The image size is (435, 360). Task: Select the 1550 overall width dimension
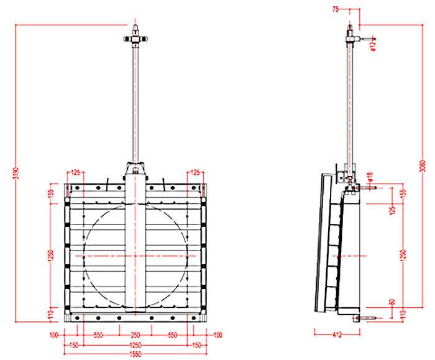[x=135, y=353]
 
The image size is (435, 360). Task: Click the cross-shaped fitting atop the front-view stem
[x=135, y=39]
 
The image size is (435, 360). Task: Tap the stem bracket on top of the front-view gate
[x=135, y=170]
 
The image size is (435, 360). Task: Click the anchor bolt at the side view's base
[x=364, y=318]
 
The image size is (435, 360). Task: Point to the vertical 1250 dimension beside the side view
[x=405, y=254]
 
